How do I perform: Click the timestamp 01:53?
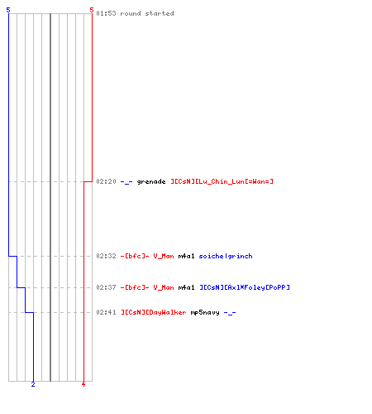pos(106,13)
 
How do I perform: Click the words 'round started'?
pos(147,13)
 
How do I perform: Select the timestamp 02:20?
pos(106,181)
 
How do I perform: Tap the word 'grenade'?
pos(151,182)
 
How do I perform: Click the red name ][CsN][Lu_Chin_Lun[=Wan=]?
pos(222,181)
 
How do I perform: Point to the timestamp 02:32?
pos(106,256)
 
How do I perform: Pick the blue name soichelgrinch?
pos(226,257)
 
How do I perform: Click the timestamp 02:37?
pos(106,287)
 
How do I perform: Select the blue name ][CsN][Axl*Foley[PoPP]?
pos(245,287)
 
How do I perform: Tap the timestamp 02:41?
pos(106,312)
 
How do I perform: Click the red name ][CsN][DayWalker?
pos(154,312)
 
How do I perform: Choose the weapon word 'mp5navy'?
pos(205,313)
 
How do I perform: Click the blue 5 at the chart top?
pos(8,10)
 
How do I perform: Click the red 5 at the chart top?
pos(92,10)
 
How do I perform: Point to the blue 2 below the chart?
pos(33,384)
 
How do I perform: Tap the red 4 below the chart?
pos(83,384)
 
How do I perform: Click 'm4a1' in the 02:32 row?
pos(186,256)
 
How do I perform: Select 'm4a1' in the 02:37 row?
pos(186,287)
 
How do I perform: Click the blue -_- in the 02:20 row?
pos(126,182)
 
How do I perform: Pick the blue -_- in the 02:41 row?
pos(230,313)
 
